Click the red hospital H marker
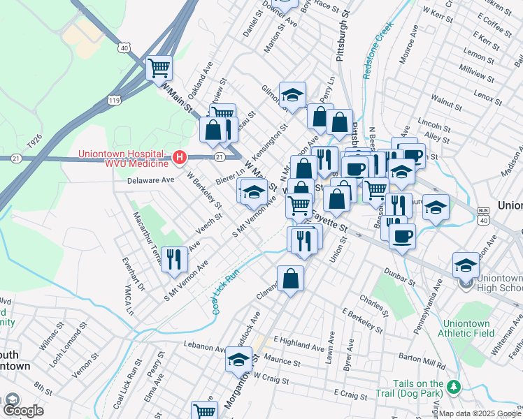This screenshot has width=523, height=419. [x=180, y=159]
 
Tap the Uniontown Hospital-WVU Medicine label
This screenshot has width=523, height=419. [x=123, y=159]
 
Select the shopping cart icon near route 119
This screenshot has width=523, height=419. [x=159, y=68]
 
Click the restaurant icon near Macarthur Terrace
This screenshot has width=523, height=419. [x=172, y=258]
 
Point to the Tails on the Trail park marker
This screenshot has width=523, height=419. [x=453, y=385]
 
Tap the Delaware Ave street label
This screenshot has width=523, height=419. [x=151, y=179]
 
